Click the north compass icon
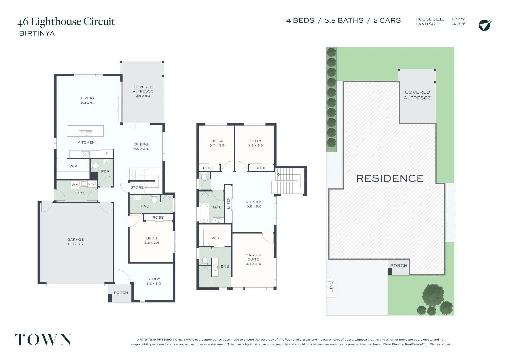(x=484, y=25)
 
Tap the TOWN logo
(x=43, y=339)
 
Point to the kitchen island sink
(x=85, y=133)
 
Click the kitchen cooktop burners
(x=85, y=154)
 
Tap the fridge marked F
(x=107, y=154)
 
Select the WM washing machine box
(x=75, y=185)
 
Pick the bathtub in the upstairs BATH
(x=204, y=213)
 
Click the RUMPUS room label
(x=254, y=202)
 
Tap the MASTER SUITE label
(x=253, y=257)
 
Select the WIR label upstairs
(x=215, y=238)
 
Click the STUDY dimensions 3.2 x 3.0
(x=154, y=284)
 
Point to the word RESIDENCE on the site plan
(x=390, y=179)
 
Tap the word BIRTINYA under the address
(x=37, y=33)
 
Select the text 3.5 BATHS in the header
(x=344, y=21)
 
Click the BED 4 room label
(x=217, y=141)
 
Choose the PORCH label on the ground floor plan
(x=121, y=293)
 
